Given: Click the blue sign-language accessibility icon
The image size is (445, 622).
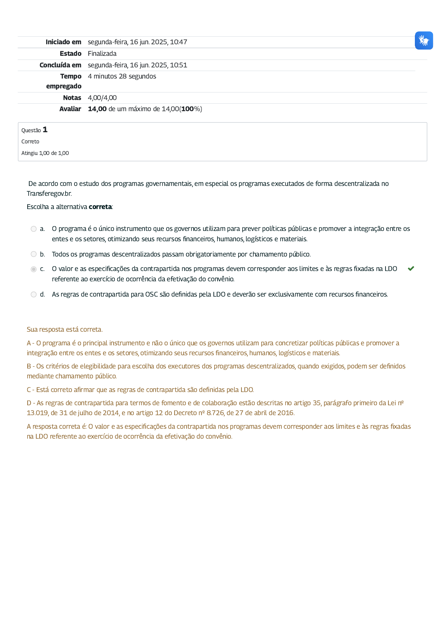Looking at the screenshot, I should click(424, 40).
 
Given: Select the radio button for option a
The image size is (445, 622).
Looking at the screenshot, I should click(34, 229).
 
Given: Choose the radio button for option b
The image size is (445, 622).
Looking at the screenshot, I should click(34, 254).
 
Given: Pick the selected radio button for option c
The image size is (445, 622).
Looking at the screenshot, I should click(34, 269).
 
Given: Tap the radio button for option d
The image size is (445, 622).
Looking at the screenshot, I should click(34, 294).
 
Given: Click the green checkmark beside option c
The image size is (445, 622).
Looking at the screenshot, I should click(411, 268).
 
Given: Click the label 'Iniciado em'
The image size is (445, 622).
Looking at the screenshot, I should click(63, 42).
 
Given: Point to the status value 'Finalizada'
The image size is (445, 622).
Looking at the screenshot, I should click(102, 54).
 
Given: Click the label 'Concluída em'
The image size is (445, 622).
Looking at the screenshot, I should click(60, 65).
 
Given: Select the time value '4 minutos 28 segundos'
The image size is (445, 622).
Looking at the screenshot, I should click(122, 76).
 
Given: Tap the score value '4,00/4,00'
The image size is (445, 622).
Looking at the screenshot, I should click(102, 98).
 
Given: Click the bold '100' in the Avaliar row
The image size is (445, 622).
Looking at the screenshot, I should click(187, 109).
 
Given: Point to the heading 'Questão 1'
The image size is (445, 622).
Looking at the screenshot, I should click(34, 130).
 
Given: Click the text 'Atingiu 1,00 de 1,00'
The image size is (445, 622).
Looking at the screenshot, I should click(45, 153).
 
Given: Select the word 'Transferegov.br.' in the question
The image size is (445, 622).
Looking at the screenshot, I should click(49, 194).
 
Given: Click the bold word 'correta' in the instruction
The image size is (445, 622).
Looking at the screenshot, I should click(100, 207).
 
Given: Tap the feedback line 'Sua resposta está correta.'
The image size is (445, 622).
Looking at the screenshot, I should click(64, 330).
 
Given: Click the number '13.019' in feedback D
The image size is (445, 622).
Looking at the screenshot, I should click(37, 413).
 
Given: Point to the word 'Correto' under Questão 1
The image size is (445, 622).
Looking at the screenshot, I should click(30, 142).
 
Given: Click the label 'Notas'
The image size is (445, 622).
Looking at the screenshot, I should click(72, 98).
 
